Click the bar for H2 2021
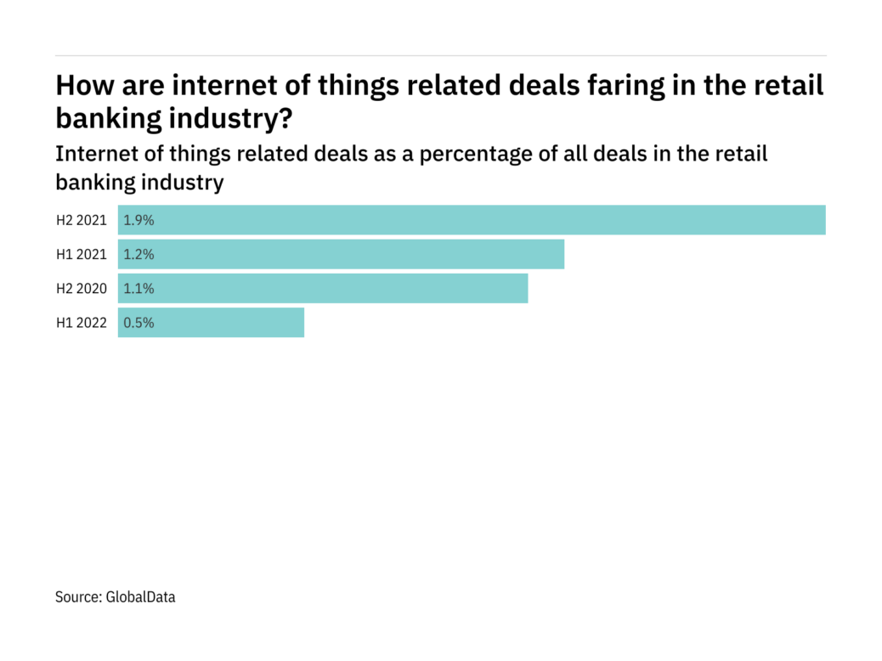472,220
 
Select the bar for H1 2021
341,254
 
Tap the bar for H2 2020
323,288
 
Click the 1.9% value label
139,220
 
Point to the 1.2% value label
139,254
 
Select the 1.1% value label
139,288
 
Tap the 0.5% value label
139,323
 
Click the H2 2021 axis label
82,220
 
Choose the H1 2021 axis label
82,254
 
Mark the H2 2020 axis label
82,288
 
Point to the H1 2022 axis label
82,323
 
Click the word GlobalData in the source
140,597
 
